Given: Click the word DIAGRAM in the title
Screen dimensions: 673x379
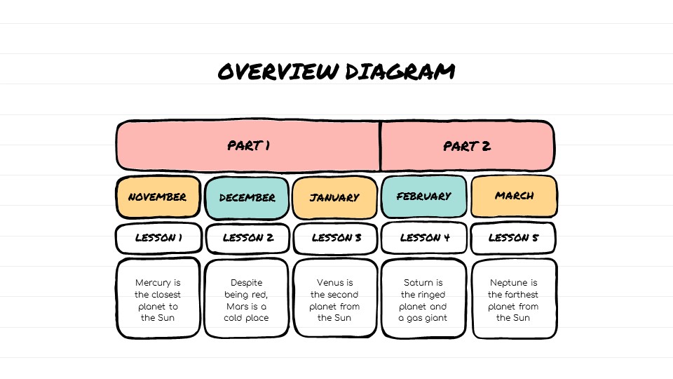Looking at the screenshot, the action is point(400,72).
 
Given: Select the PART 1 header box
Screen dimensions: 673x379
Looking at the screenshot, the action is point(248,146).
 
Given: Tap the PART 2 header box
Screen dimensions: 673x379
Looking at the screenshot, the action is point(468,146).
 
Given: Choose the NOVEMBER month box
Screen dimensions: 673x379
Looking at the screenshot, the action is point(158,197).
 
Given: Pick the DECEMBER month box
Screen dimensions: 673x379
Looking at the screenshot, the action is point(247,198).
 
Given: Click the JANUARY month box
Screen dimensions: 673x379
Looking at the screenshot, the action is point(335,198).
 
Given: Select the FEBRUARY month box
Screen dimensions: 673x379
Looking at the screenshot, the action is point(423,197).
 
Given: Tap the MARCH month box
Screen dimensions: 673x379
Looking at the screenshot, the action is point(514,196).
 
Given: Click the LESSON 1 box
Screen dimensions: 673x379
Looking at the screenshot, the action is point(158,238).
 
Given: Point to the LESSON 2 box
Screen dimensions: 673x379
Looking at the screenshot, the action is point(247,238).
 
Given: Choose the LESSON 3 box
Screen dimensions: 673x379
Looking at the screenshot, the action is point(336,238).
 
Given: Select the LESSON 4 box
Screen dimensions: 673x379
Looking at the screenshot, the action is point(424,238).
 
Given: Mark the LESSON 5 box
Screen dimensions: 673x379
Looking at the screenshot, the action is point(513,238).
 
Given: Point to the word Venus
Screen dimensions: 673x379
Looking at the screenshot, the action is point(329,283).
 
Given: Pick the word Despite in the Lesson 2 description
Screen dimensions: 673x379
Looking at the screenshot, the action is point(246,283).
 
